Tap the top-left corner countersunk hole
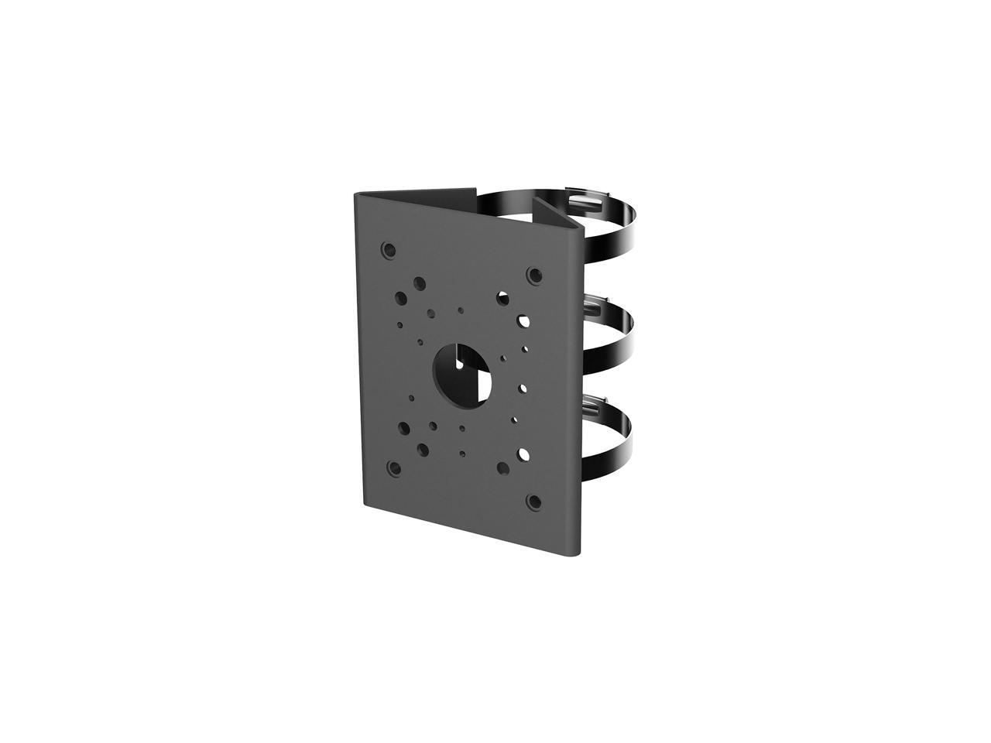tap(389, 249)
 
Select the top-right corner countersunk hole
tap(533, 275)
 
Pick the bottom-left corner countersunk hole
tap(395, 468)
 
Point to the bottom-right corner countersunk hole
tap(533, 501)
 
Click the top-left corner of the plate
tap(355, 193)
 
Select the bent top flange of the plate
tap(418, 193)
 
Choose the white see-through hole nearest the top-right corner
tap(504, 296)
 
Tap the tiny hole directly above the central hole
tap(461, 310)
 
